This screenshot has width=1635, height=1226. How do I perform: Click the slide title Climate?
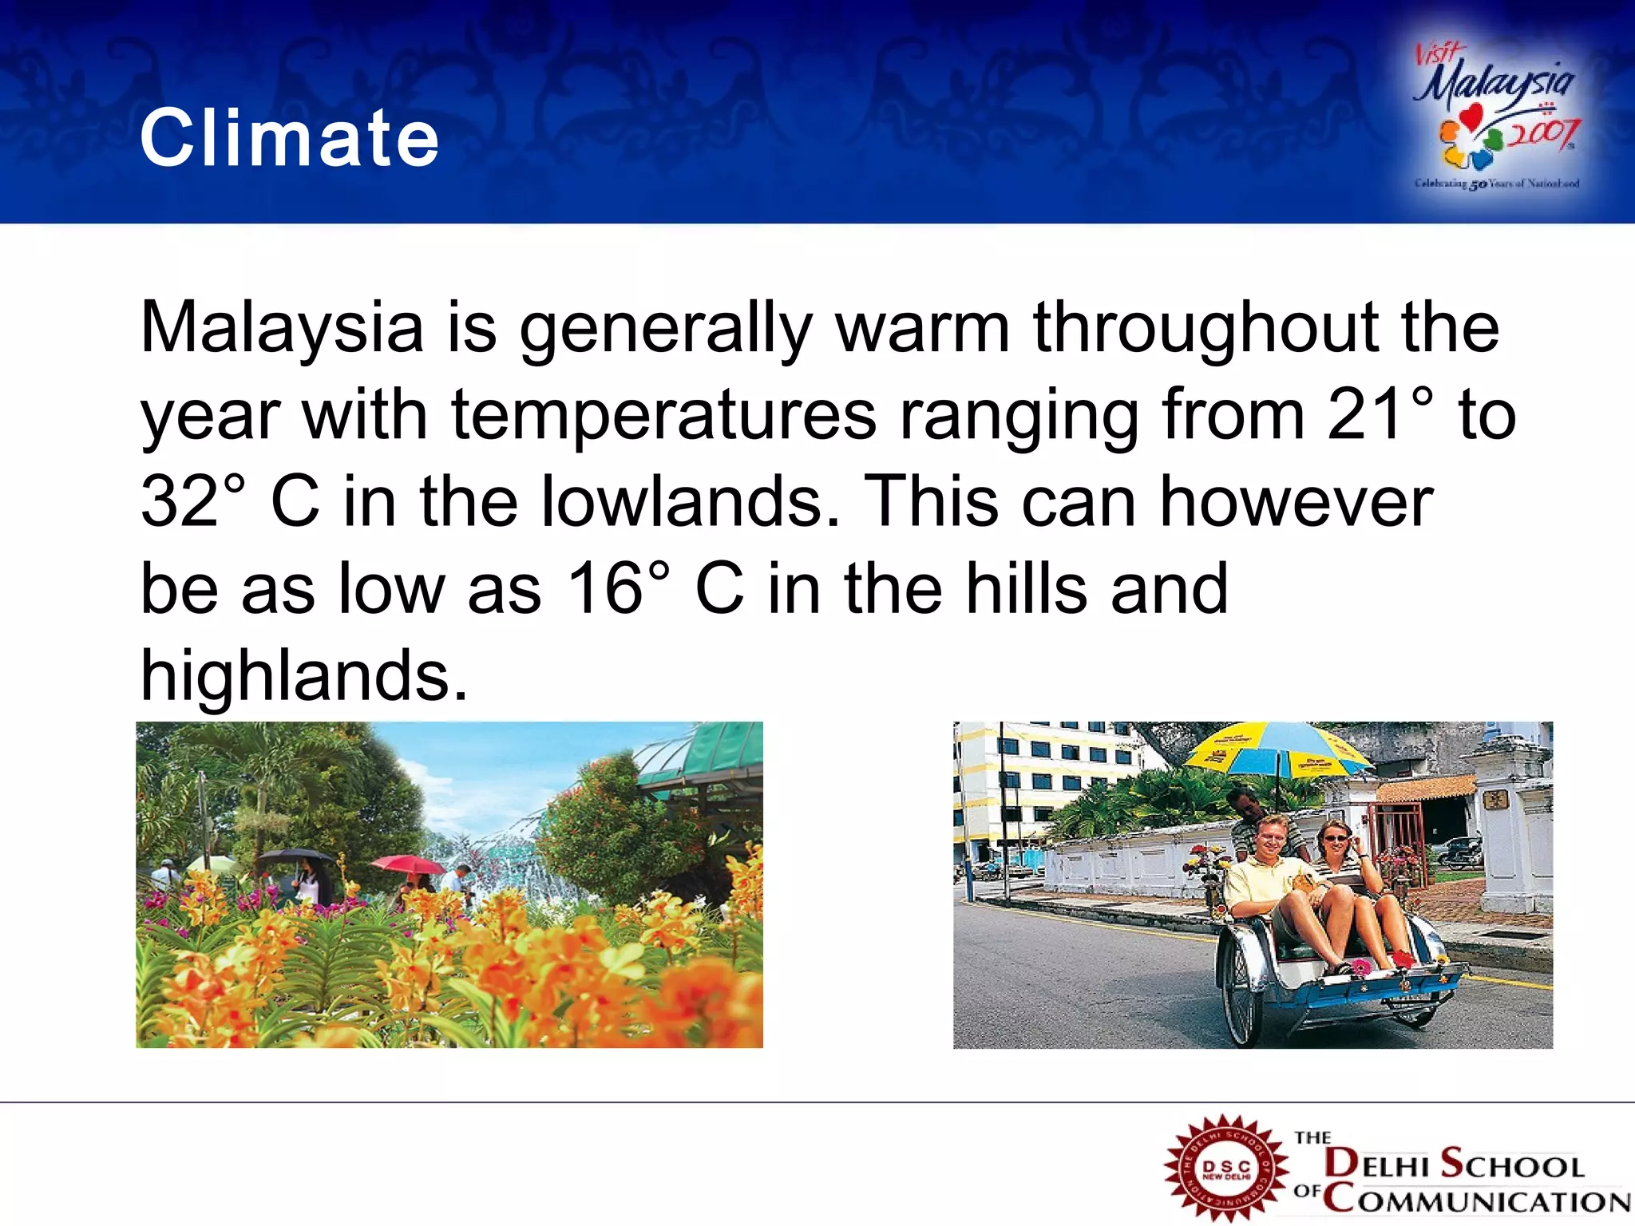tap(289, 139)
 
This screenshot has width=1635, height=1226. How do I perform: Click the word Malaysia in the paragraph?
tap(281, 327)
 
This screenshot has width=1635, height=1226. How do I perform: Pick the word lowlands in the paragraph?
tap(690, 501)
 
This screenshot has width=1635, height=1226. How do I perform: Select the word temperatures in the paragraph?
tap(664, 414)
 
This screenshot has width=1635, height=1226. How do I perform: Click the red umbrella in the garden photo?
tap(406, 864)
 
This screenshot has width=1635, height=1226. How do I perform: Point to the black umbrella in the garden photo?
tap(296, 856)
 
